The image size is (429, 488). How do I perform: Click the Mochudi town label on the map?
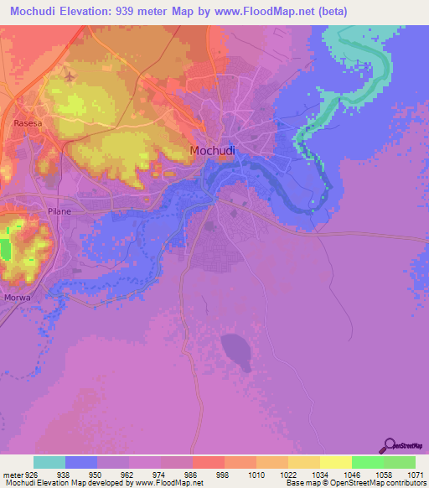click(212, 151)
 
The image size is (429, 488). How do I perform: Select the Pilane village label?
click(59, 211)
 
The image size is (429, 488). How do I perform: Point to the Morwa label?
click(18, 296)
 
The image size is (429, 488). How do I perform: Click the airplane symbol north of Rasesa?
click(68, 75)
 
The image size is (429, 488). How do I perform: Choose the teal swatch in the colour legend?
click(49, 462)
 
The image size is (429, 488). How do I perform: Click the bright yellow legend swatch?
click(335, 462)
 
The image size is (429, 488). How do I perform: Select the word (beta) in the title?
click(330, 12)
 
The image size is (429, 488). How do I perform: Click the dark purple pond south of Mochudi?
click(235, 350)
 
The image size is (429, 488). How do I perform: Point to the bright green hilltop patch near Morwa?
click(6, 250)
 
